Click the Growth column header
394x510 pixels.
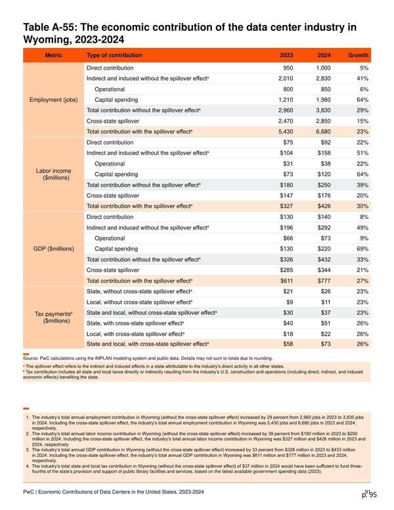[358, 55]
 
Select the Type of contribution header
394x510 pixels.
[114, 55]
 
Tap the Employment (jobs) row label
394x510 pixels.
[54, 100]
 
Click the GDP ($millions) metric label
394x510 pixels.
[54, 249]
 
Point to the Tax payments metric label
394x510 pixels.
[54, 317]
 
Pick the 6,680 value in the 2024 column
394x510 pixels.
[323, 131]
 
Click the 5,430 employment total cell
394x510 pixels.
[286, 131]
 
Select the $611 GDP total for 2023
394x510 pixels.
[286, 281]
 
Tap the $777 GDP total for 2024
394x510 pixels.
[324, 281]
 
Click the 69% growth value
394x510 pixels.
[362, 249]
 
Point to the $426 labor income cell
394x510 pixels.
[324, 206]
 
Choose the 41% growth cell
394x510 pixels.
[362, 78]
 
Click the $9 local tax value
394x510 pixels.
[290, 302]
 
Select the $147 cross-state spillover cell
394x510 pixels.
[286, 195]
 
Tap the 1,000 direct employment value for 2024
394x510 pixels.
[323, 68]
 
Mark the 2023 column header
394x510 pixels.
[286, 55]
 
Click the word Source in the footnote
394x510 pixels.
[31, 358]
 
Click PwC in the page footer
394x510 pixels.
[28, 492]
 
